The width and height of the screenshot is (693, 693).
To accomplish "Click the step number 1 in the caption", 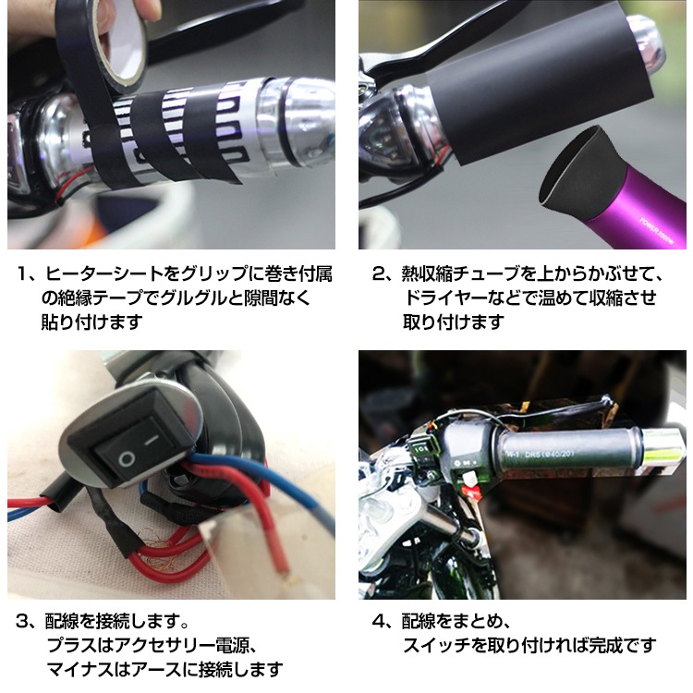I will [25, 274].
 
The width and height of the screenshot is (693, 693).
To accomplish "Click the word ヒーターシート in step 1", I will [102, 274].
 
